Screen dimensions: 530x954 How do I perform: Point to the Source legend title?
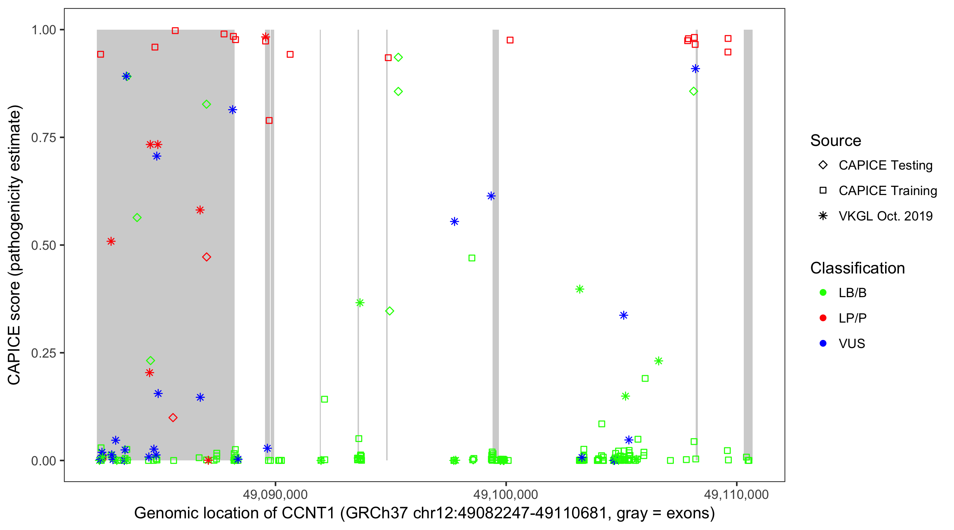836,141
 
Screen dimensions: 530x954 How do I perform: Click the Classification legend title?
857,268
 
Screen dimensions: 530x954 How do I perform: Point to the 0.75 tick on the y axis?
43,138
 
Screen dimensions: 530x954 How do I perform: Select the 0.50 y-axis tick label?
43,245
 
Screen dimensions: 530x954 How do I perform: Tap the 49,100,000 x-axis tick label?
506,494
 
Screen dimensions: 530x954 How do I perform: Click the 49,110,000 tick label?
736,494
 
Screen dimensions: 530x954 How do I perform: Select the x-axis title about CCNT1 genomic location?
424,513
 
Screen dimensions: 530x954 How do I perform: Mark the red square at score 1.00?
175,31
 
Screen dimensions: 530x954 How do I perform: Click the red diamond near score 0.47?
207,257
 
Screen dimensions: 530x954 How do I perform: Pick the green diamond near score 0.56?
137,218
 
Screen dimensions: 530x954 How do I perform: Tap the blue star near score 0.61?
491,196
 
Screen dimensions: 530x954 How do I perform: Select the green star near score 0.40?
579,289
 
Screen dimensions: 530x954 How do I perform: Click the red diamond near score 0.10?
173,418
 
